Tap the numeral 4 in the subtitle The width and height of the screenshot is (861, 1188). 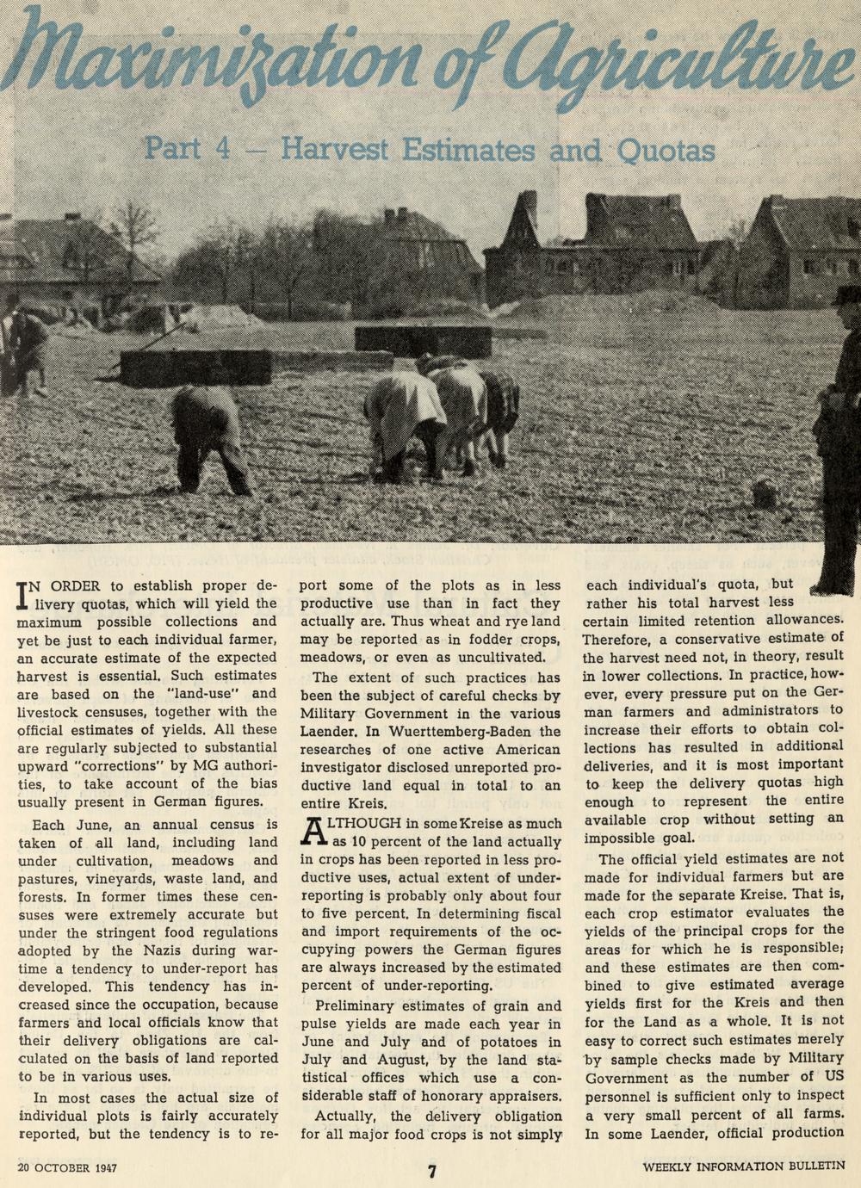tap(219, 150)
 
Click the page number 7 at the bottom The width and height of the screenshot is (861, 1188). tap(433, 1170)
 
